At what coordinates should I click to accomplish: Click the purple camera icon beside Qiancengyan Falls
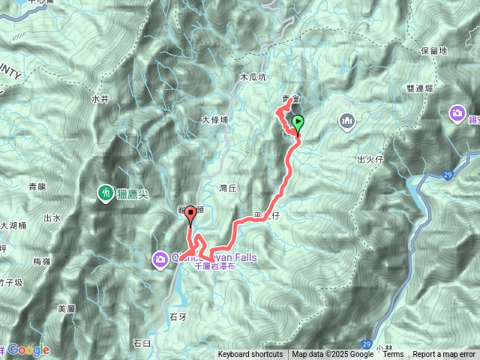[x=160, y=259]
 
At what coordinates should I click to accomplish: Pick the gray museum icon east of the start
[x=346, y=120]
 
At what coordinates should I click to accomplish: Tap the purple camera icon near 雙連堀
[x=457, y=113]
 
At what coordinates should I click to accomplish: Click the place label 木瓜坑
[x=253, y=77]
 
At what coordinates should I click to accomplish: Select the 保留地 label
[x=434, y=51]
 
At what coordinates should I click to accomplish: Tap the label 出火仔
[x=371, y=160]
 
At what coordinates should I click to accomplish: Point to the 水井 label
[x=100, y=98]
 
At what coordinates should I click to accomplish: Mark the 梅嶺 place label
[x=42, y=261]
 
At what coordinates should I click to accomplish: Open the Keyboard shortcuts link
[x=250, y=355]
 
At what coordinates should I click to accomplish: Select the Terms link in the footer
[x=393, y=355]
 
